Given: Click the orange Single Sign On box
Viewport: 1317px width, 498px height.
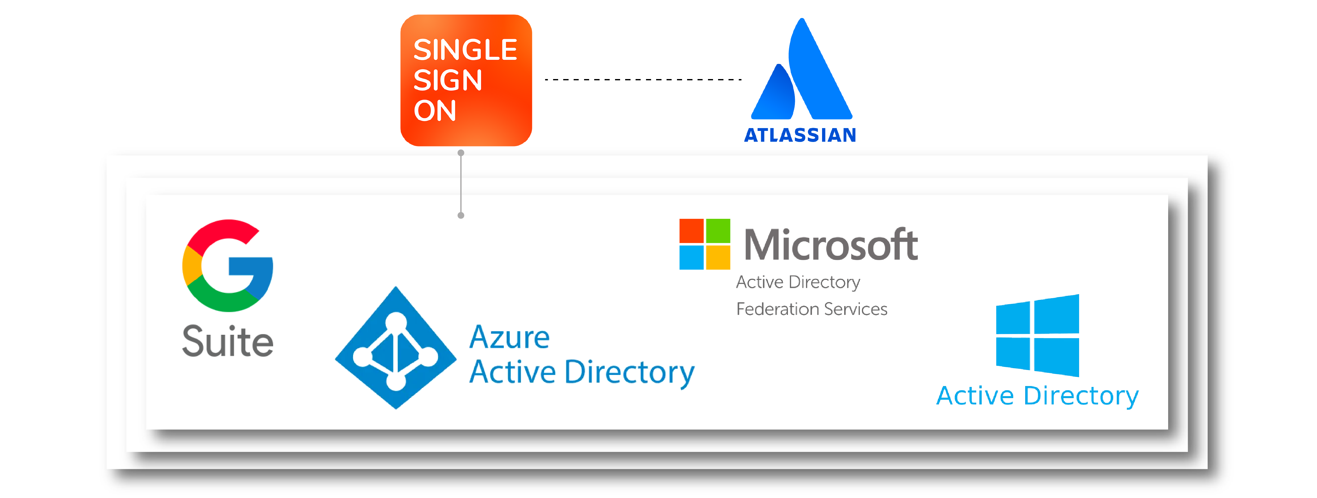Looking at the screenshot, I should [x=466, y=80].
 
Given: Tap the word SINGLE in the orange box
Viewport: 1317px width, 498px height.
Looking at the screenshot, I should [x=465, y=50].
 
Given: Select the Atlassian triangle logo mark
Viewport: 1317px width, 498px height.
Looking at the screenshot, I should [x=801, y=71].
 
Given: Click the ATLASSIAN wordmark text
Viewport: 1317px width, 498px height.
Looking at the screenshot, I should [x=800, y=135].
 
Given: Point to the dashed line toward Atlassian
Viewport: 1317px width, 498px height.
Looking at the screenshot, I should [x=643, y=80].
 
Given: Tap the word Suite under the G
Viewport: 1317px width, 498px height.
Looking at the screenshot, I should [x=228, y=341].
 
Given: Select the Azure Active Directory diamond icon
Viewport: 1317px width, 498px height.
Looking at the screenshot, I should [x=395, y=348].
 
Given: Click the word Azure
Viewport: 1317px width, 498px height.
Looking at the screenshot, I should [x=509, y=337].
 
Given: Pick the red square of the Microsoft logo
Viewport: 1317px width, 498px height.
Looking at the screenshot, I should [x=691, y=231].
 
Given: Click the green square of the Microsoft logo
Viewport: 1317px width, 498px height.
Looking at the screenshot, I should [x=718, y=231].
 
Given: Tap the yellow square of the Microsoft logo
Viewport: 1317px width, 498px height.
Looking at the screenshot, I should [x=718, y=257].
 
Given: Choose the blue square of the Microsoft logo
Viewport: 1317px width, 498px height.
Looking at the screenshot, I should [x=691, y=257].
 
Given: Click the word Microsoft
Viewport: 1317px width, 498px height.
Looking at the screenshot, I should [x=831, y=245].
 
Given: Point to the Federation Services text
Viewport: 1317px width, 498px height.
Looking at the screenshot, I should [x=811, y=309].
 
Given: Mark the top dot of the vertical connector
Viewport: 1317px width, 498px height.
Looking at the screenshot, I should [x=460, y=153].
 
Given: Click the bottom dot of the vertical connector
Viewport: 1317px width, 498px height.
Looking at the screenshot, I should [x=460, y=215].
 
